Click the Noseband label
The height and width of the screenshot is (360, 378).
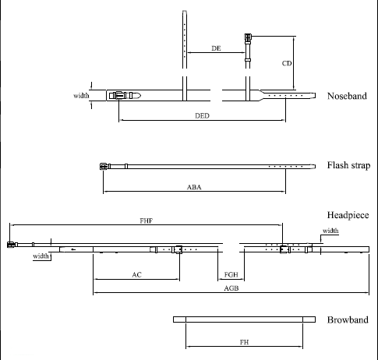coord(347,96)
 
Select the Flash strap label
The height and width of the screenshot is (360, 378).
coord(348,165)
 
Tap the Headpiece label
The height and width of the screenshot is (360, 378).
coord(348,215)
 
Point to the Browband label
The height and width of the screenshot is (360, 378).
coord(348,319)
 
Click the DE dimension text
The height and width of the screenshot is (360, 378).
coord(216,48)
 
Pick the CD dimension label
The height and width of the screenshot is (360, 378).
coord(287,63)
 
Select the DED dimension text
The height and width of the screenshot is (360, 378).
coord(202,115)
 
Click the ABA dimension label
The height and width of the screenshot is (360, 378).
coord(194,187)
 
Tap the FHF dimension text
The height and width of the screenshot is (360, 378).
coord(147,221)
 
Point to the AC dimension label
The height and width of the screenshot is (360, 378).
coord(136,275)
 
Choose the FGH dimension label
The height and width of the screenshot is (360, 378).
coord(231,274)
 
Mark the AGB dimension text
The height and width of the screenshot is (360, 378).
coord(231,288)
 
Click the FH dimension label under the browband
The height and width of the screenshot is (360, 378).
coord(244,342)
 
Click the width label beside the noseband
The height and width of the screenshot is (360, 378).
coord(81,96)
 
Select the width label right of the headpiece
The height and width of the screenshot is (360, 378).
coord(330,231)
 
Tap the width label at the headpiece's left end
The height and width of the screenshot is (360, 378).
coord(41,256)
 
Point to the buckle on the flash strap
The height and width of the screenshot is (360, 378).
coord(104,166)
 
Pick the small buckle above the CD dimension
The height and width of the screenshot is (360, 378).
coord(248,37)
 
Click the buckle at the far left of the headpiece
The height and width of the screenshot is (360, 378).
coord(11,245)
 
